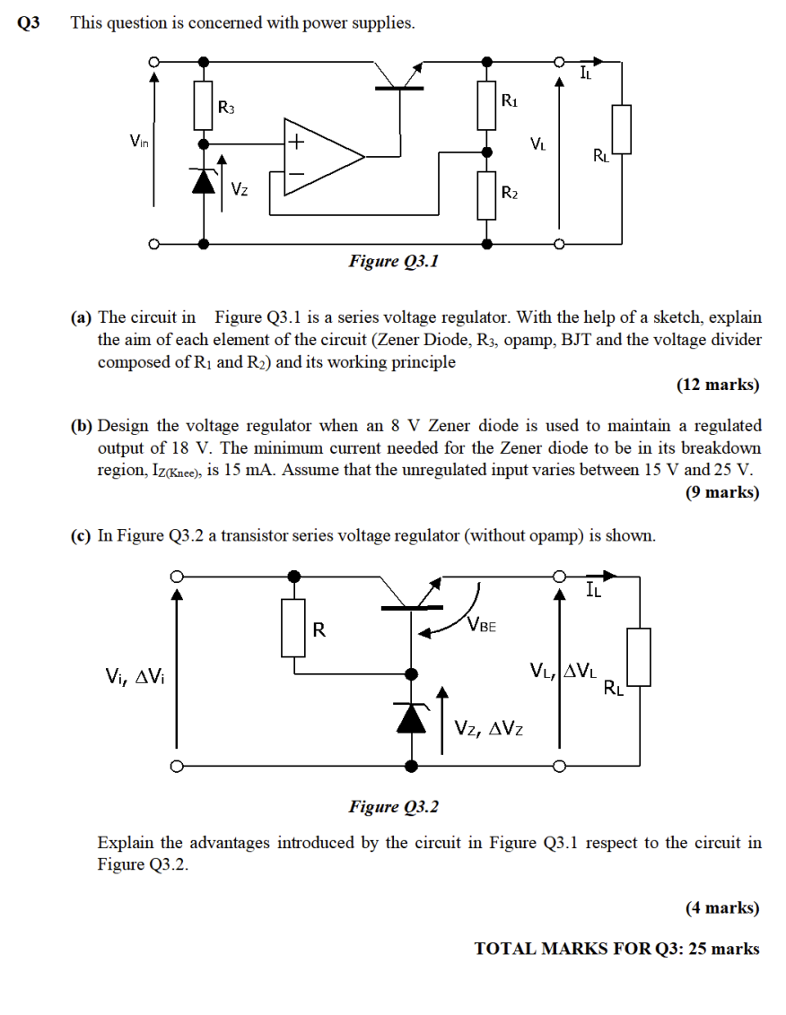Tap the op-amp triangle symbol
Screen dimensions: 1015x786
(x=323, y=156)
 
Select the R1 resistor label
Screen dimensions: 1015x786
(x=509, y=101)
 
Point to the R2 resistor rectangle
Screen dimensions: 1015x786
(x=487, y=196)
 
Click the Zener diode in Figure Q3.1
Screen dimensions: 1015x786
(x=205, y=182)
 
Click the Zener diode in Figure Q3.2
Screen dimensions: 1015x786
(x=412, y=717)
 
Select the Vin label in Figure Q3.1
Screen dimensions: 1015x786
(x=139, y=140)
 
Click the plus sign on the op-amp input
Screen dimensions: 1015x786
(x=296, y=142)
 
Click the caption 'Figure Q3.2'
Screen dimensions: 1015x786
(x=394, y=807)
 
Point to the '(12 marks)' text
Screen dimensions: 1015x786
(x=717, y=385)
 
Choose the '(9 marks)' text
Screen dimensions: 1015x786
(x=722, y=492)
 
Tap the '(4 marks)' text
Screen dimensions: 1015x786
(x=722, y=907)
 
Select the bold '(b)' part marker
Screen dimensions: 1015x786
(x=82, y=425)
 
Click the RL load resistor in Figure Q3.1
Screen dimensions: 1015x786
(x=621, y=129)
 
